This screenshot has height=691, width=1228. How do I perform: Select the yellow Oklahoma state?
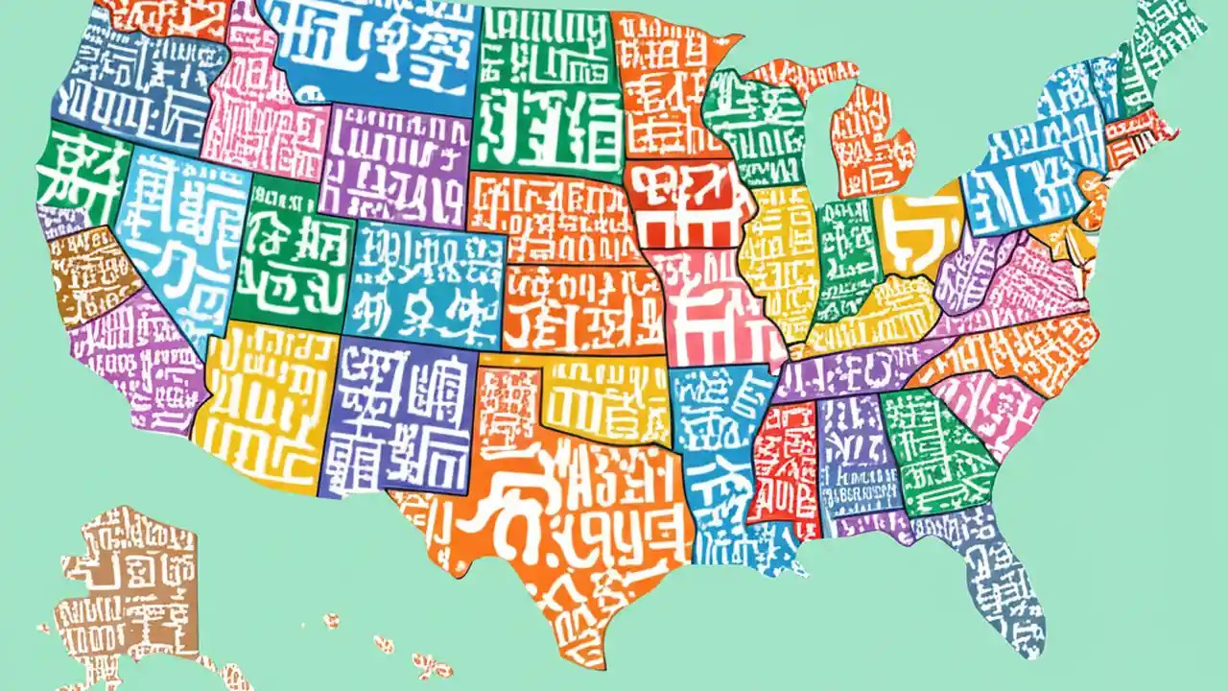point(604,403)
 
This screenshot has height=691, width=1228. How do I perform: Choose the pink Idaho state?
point(259,115)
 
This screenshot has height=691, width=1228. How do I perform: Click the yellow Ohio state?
point(916,230)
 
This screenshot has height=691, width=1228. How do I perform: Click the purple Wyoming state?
point(393,163)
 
